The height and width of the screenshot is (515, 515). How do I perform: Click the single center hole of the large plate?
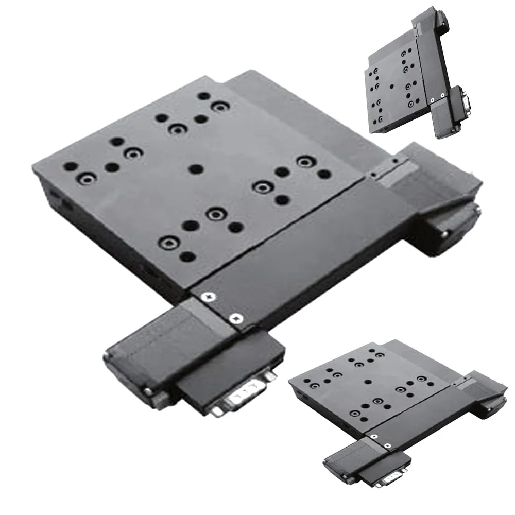pyautogui.click(x=195, y=169)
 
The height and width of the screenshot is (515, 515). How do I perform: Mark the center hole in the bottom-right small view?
pyautogui.click(x=368, y=382)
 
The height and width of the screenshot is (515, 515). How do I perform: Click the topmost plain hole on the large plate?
pyautogui.click(x=204, y=96)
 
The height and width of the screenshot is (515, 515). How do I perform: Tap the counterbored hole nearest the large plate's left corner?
pyautogui.click(x=86, y=179)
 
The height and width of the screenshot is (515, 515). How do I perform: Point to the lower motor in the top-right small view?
pyautogui.click(x=445, y=116)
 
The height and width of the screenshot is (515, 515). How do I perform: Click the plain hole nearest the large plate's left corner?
pyautogui.click(x=71, y=166)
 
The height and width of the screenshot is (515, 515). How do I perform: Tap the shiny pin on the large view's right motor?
pyautogui.click(x=444, y=233)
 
